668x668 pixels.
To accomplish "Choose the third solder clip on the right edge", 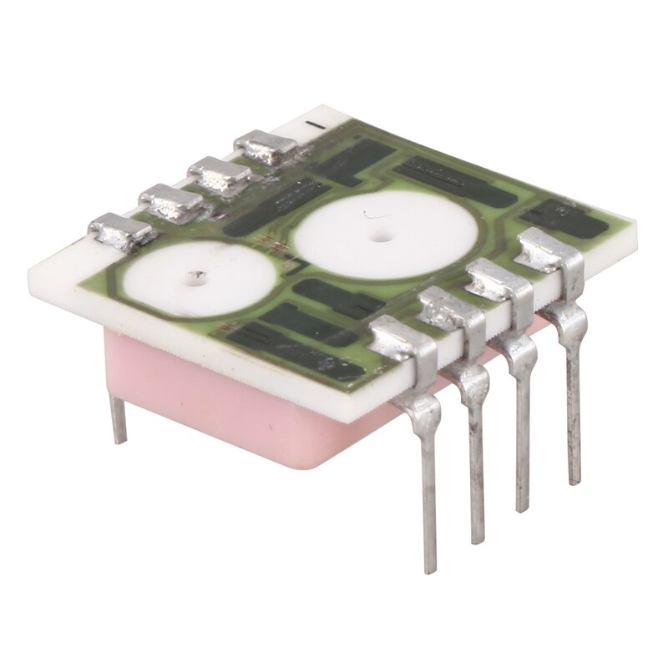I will click(498, 280).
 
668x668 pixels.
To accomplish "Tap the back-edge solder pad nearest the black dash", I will click(265, 148).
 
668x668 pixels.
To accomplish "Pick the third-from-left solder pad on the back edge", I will click(219, 175).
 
